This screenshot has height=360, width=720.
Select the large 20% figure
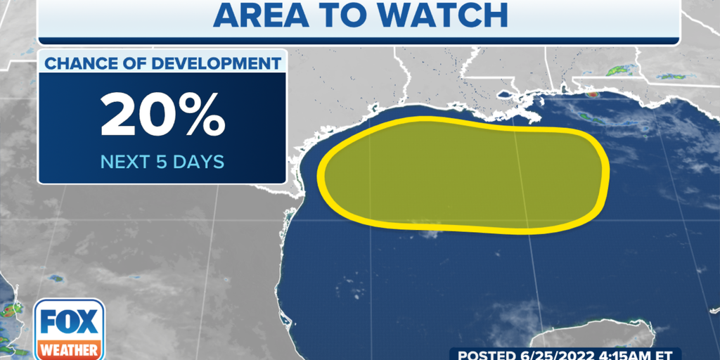click(162, 114)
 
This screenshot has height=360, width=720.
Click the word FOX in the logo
click(69, 322)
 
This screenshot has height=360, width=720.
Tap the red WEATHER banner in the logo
click(69, 348)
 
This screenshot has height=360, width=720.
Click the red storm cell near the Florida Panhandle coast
click(592, 94)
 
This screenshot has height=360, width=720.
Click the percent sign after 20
click(201, 114)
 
